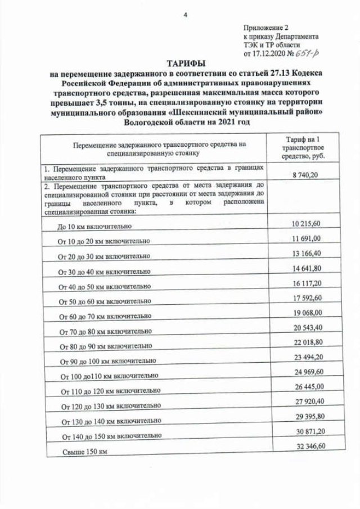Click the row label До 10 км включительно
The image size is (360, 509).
[94, 227]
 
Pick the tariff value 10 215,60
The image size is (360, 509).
[307, 224]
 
